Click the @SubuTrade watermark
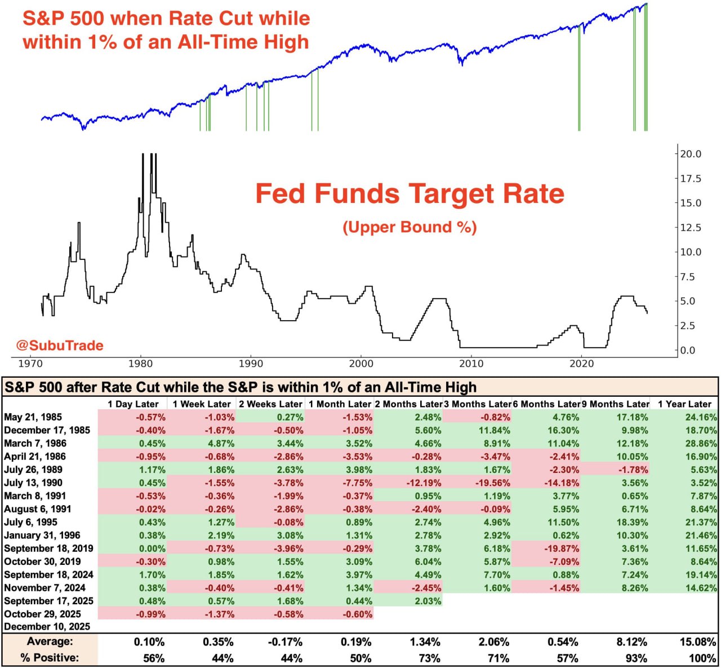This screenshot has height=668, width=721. point(60,345)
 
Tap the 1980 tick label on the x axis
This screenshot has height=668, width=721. point(140,364)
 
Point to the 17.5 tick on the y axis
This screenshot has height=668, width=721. point(691,179)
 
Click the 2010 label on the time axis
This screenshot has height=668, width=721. point(471,364)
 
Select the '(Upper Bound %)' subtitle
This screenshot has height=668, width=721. point(410,227)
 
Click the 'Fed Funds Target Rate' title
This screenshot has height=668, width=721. point(410,193)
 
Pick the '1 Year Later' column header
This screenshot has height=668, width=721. point(684,404)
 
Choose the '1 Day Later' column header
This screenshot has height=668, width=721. point(133,404)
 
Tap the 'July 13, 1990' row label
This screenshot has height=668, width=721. point(33,483)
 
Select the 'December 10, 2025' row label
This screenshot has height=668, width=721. point(47,626)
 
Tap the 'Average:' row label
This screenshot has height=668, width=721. point(50,642)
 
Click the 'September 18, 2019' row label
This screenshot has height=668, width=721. point(48,548)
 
